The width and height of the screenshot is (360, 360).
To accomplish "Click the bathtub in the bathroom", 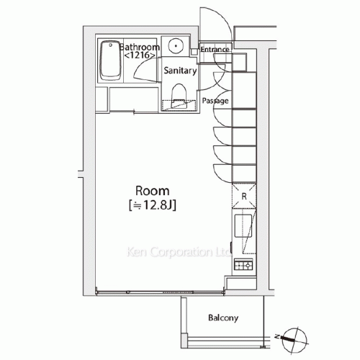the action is (110, 60).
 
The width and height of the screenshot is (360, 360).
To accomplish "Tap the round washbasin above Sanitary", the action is (176, 45).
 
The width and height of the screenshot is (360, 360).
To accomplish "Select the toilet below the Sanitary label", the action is (179, 96).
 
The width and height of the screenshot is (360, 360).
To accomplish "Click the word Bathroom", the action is (140, 47).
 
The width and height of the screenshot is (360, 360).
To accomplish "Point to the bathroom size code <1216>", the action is (140, 55).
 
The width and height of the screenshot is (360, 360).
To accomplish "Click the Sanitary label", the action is (180, 71).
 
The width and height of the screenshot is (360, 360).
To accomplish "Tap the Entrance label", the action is (215, 50).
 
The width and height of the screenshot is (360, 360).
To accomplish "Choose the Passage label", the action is (215, 101).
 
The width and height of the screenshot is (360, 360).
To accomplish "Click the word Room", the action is (153, 191).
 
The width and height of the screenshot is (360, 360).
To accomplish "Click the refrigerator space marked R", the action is (244, 196).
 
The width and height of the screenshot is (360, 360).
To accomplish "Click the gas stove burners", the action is (243, 265).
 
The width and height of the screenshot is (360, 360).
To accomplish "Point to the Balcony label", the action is (223, 318).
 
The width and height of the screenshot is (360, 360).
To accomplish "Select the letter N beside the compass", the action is (277, 337).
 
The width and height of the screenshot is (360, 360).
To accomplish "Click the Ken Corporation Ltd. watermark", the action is (178, 252).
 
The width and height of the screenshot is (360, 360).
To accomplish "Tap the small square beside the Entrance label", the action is (194, 52).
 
